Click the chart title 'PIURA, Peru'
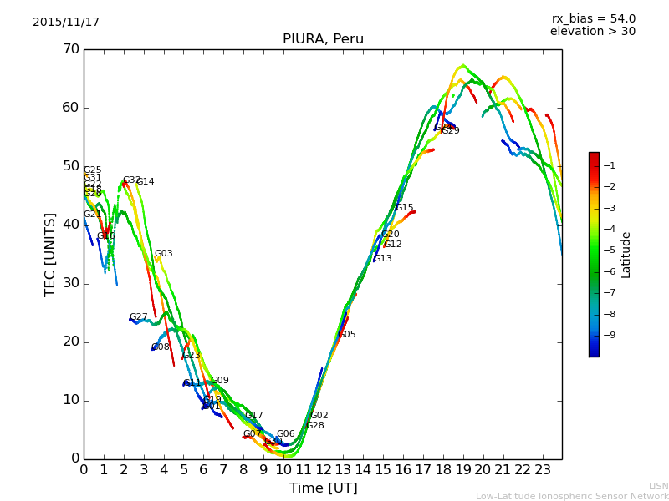(323, 39)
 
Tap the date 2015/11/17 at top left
(66, 23)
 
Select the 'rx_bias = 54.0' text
(593, 19)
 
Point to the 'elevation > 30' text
(593, 32)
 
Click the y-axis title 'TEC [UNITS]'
(50, 254)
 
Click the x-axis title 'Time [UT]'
(323, 488)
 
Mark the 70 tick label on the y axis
(70, 49)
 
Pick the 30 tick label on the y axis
(70, 283)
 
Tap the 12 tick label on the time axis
(323, 469)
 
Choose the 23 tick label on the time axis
(543, 469)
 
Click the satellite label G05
(347, 335)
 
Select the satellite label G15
(405, 208)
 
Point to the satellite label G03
(164, 254)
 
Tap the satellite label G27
(139, 317)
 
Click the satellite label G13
(383, 259)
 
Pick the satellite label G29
(451, 131)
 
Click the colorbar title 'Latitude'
(626, 255)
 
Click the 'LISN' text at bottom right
(659, 486)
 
